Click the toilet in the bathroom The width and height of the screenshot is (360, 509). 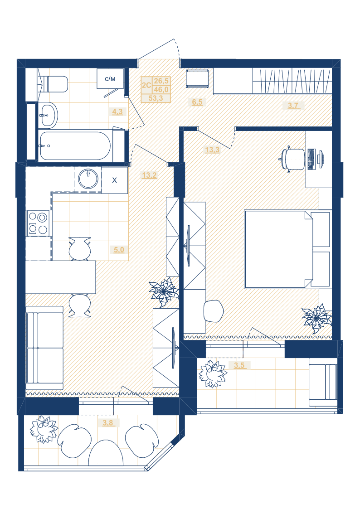[54, 84]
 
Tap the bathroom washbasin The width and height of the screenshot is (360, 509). [48, 114]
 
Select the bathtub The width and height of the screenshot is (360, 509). [75, 146]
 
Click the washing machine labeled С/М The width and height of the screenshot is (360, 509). [110, 78]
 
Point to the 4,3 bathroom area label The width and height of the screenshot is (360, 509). [117, 111]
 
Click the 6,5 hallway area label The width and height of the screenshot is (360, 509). [197, 102]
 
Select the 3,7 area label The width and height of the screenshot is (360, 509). [293, 105]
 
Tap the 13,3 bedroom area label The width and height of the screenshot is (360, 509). [212, 150]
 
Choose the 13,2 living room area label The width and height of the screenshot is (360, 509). [149, 175]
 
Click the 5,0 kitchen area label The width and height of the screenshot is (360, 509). [119, 250]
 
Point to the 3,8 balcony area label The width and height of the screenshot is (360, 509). [108, 422]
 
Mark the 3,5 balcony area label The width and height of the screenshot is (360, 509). [239, 365]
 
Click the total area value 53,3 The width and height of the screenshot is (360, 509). [156, 98]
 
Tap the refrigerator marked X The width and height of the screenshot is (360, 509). [115, 180]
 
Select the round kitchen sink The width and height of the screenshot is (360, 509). [88, 179]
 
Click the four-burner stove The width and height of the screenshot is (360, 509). [39, 223]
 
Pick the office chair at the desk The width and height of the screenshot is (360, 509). [292, 159]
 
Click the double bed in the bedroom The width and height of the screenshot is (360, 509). [287, 249]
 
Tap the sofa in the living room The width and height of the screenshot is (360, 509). [44, 348]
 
